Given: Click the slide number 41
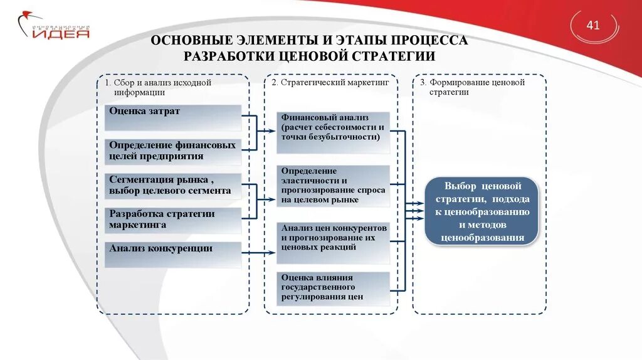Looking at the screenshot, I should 592,26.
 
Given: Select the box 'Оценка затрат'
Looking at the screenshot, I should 172,117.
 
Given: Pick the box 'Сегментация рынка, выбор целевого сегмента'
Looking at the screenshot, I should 172,186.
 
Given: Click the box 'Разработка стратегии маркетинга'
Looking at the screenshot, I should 172,220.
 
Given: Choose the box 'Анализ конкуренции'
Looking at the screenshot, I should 172,255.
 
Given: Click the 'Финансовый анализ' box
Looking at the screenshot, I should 333,132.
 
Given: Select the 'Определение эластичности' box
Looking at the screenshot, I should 333,186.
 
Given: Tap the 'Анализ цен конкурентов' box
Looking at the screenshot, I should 333,242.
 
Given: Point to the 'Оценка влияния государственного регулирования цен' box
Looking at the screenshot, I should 333,288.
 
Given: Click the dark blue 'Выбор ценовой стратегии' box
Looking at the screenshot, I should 482,211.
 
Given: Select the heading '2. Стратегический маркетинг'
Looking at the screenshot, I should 330,82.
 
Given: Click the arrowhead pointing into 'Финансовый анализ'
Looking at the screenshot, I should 273,131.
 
